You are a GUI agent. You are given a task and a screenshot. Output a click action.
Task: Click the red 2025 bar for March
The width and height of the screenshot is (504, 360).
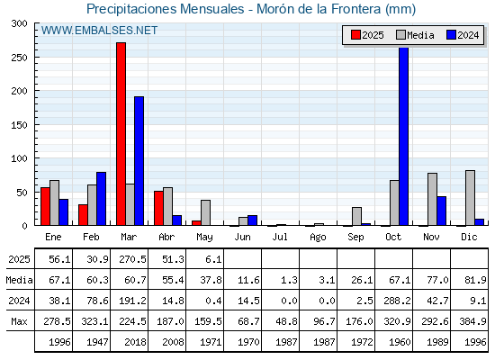point(121,134)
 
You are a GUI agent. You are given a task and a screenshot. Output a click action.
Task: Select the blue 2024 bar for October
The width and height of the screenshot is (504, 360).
point(404,136)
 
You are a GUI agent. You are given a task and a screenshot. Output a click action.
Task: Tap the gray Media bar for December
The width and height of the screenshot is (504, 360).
point(470,198)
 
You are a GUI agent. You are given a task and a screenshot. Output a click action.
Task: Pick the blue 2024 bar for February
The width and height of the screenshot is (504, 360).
point(101,199)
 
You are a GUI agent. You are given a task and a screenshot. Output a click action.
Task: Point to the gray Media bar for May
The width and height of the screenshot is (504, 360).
point(206,212)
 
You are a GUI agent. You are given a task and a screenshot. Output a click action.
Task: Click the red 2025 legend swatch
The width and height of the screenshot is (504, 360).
point(355,35)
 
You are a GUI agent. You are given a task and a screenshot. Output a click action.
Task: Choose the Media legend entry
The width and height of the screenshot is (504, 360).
point(415,35)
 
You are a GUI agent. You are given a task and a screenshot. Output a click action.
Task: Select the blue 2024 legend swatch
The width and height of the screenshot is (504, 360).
point(451,35)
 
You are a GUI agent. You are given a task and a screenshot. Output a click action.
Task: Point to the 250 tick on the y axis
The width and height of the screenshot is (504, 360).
point(36,58)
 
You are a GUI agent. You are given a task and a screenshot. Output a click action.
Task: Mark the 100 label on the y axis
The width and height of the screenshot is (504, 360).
point(19,158)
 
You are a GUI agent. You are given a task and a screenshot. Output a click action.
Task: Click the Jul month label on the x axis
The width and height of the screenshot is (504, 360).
point(280,237)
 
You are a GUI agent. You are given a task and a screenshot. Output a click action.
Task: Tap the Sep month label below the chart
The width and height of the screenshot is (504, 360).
point(355,238)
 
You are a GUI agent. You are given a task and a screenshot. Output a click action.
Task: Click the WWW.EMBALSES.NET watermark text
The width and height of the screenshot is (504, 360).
point(99,31)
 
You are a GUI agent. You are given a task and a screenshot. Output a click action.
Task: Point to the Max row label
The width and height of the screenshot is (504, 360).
point(19,321)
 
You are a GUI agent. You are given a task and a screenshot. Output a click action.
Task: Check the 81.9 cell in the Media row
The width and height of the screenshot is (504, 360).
point(475,280)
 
